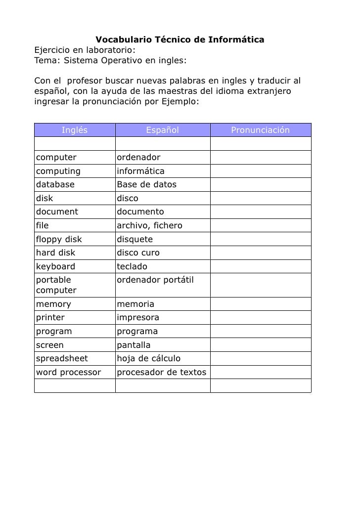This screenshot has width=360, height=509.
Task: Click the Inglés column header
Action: [75, 130]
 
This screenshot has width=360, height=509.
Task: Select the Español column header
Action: [162, 130]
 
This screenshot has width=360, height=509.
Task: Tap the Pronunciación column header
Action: [260, 130]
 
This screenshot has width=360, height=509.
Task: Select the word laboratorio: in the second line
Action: [111, 50]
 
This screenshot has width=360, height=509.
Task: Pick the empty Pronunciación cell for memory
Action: [261, 304]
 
